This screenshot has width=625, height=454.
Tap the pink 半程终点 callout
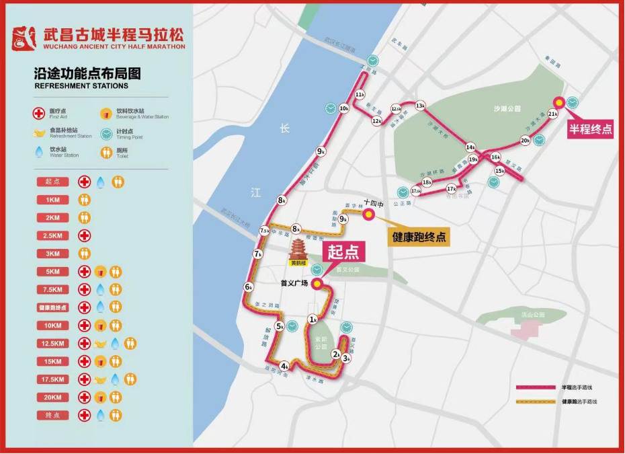coord(591,129)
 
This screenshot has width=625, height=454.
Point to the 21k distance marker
coord(553,114)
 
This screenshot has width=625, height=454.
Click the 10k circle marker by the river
coord(344,108)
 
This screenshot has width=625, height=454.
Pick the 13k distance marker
coord(421,106)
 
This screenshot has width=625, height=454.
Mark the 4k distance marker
coord(285,367)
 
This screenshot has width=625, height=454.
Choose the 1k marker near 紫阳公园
coord(312,319)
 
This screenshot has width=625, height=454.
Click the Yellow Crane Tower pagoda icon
coord(298,251)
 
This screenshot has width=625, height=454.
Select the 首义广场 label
coord(294,283)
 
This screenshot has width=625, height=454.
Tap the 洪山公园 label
coord(532,315)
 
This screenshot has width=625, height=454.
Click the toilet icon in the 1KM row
coord(85,200)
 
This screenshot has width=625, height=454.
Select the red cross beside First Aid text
coord(40,113)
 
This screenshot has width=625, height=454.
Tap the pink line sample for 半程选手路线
coord(536,388)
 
